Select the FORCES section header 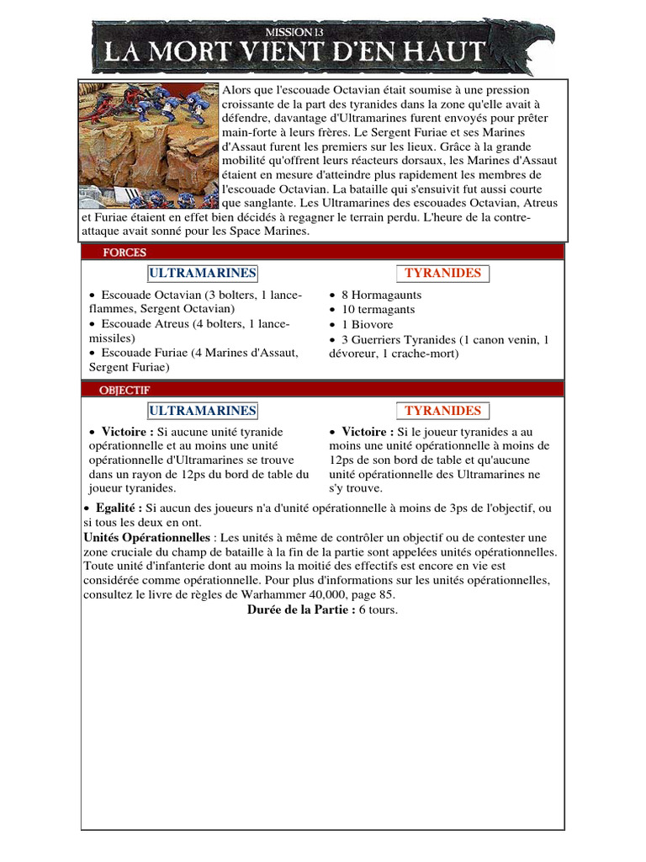pos(124,252)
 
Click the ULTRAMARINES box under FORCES pos(203,273)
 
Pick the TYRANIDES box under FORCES pos(443,273)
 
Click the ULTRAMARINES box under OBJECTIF pos(203,411)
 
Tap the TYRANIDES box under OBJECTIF pos(443,411)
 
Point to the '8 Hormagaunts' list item pos(381,295)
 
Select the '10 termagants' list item pos(378,310)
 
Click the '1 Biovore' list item pos(367,324)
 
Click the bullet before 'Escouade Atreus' pos(92,324)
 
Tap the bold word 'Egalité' pos(117,508)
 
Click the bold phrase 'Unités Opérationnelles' pos(146,537)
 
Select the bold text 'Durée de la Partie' pos(299,609)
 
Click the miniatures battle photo pos(150,146)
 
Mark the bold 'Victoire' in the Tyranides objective pos(365,432)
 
